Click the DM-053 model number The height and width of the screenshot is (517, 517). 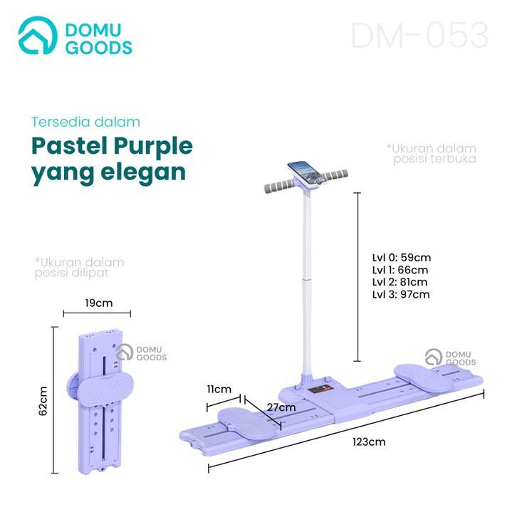pos(419,36)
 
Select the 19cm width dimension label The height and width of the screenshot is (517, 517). pos(98,303)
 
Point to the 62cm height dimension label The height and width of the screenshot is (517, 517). pos(43,401)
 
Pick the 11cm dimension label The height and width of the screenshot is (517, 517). pos(221,389)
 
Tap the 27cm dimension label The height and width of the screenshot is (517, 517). pos(281,407)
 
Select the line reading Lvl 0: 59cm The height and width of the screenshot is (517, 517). pos(402,258)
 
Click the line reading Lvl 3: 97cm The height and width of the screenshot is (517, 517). pos(402,294)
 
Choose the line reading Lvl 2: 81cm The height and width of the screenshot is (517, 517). pos(402,282)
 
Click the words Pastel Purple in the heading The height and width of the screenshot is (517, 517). pos(113,146)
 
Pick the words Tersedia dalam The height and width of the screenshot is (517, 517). pos(85,122)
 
